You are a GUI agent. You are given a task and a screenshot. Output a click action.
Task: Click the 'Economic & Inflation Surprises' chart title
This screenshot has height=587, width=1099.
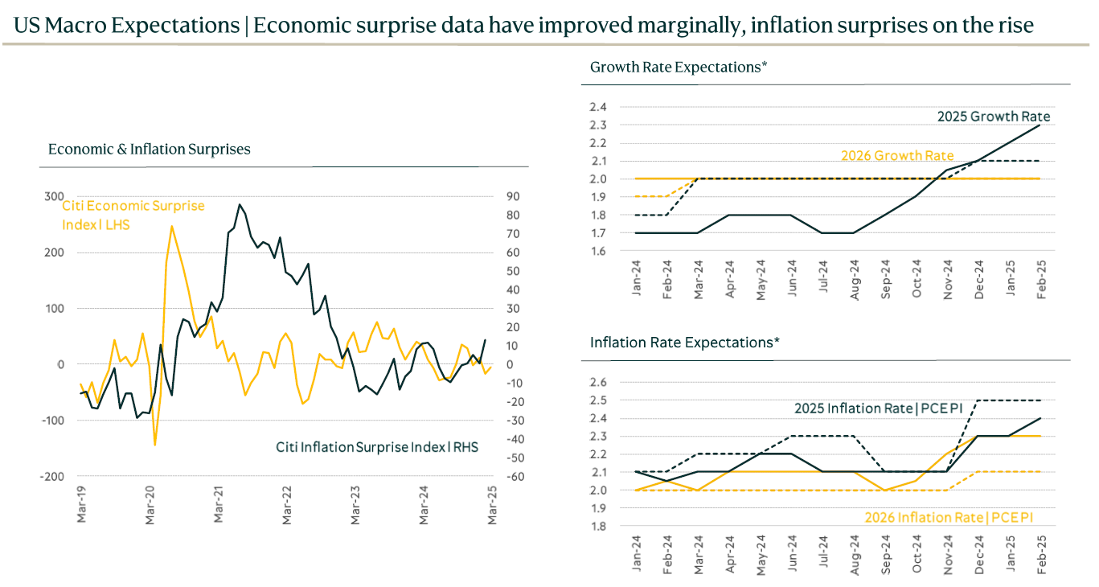point(149,150)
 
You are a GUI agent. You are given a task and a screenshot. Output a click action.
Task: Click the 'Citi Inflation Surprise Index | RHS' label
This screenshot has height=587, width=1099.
point(377,446)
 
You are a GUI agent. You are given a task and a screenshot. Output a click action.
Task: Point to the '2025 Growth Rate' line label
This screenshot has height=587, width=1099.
point(994,117)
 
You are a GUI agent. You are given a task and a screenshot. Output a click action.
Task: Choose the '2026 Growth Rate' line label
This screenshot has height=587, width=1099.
point(897,156)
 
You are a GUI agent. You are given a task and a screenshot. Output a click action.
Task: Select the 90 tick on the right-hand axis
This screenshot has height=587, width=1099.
point(512,197)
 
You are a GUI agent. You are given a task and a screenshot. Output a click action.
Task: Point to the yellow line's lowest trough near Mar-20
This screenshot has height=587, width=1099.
point(154,444)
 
